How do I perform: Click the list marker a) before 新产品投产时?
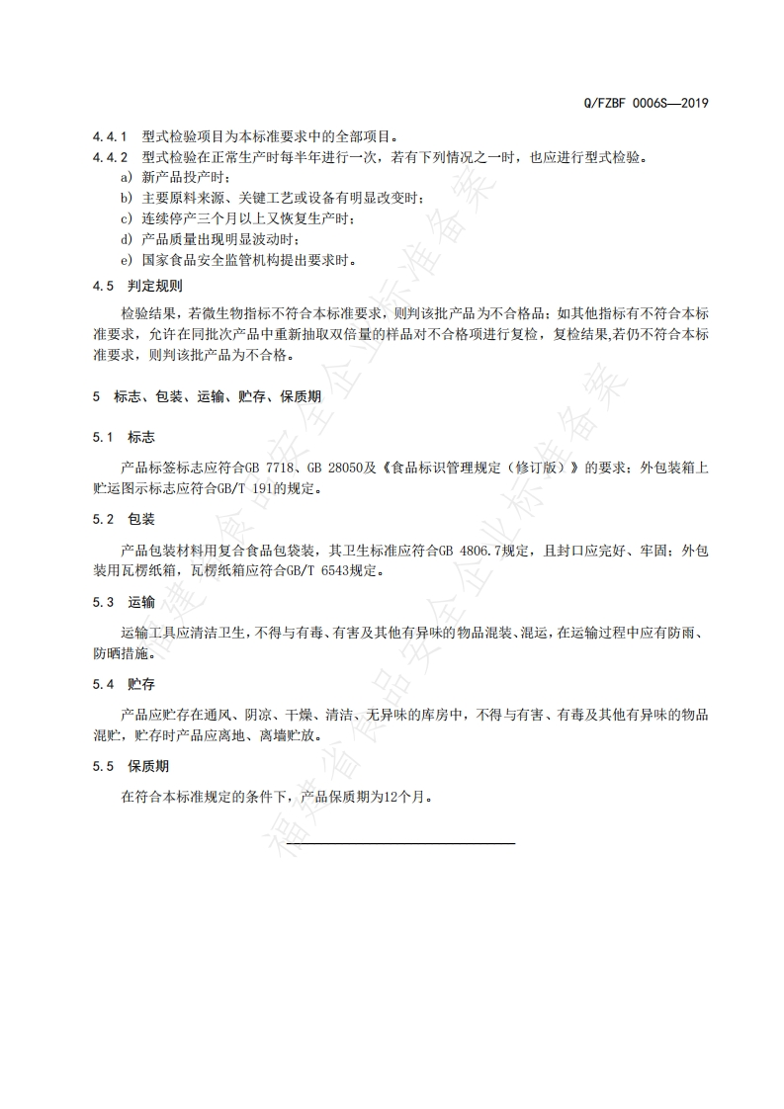(x=126, y=178)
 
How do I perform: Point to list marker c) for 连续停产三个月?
(x=126, y=218)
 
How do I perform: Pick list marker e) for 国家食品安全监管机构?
(x=126, y=261)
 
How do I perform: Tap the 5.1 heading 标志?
(x=141, y=437)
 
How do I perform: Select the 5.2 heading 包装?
(x=141, y=519)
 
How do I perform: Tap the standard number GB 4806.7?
(x=472, y=550)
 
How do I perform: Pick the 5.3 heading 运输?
(x=141, y=601)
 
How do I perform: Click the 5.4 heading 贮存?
(x=141, y=684)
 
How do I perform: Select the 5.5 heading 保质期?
(x=147, y=766)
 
